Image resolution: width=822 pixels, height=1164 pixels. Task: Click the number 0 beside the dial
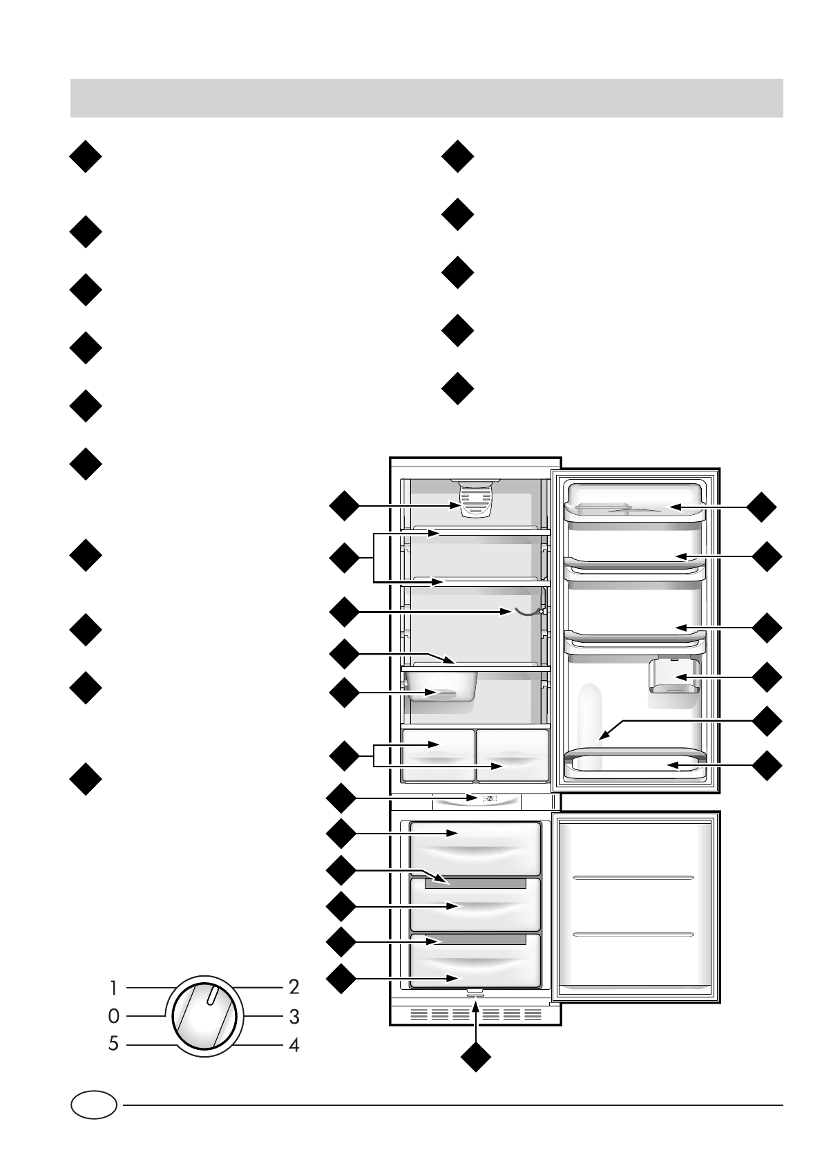click(114, 1016)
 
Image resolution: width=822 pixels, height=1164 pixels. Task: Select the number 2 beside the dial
click(294, 987)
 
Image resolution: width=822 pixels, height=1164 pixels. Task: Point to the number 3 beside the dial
click(294, 1017)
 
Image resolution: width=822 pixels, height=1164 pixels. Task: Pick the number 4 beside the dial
click(294, 1045)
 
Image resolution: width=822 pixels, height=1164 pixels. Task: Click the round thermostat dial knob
click(204, 1016)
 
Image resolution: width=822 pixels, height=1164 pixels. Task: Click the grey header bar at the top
click(426, 97)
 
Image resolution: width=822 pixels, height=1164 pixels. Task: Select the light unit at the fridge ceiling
click(475, 499)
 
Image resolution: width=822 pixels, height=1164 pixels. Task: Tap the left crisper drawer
click(438, 754)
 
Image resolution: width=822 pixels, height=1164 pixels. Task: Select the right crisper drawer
click(513, 754)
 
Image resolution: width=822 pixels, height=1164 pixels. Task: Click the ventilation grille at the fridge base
click(475, 1015)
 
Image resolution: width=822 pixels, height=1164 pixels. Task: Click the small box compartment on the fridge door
click(673, 677)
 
